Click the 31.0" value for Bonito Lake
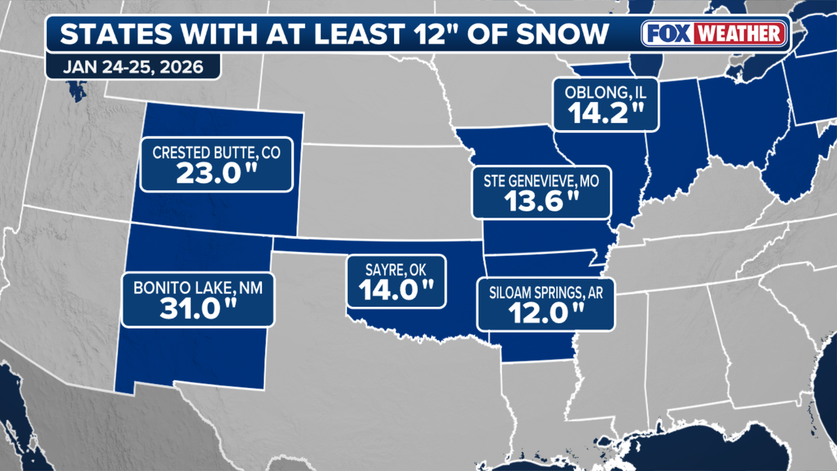click(x=197, y=309)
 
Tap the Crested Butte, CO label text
click(x=216, y=153)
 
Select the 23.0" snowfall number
click(x=216, y=173)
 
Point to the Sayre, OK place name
click(x=396, y=270)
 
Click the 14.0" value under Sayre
click(x=396, y=290)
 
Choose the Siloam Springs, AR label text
click(x=545, y=292)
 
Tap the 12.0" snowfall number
click(x=545, y=313)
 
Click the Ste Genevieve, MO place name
click(x=541, y=181)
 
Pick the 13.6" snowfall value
click(x=541, y=201)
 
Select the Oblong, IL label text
click(x=605, y=93)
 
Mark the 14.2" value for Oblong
click(x=605, y=113)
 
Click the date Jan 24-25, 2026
click(x=133, y=67)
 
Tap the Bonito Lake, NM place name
click(x=197, y=289)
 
